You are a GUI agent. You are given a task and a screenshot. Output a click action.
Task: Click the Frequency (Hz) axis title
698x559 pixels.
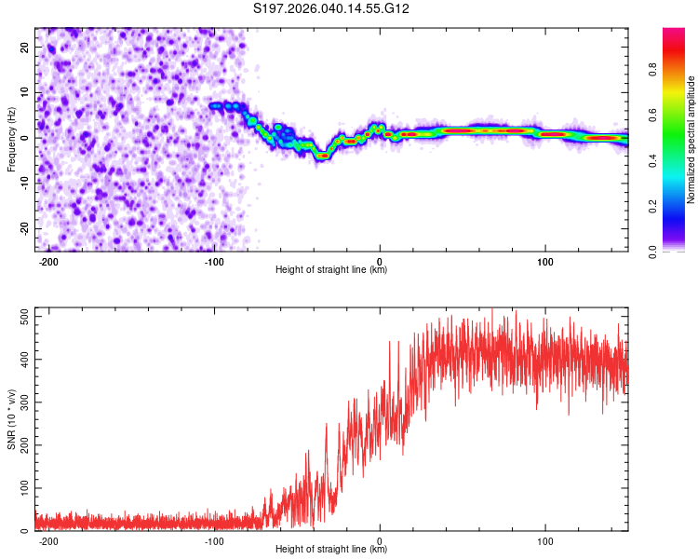[11, 140]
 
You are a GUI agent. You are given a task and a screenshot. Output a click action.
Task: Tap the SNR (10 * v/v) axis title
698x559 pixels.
[11, 419]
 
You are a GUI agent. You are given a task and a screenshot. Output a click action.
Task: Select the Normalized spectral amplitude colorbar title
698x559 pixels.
[691, 140]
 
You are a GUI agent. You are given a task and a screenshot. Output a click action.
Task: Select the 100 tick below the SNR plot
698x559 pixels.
[545, 540]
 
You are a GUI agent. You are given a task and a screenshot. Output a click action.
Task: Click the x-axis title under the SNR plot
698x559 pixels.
[331, 551]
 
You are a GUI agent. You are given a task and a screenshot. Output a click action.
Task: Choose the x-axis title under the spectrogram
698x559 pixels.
[331, 271]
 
